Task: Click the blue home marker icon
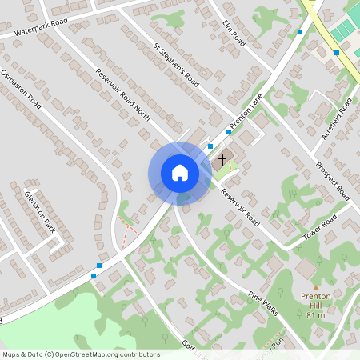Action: pos(179,173)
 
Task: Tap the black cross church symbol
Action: pos(222,160)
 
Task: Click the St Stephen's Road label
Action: pos(176,60)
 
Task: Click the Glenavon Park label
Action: pos(38,210)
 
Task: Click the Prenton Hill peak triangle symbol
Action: pos(315,288)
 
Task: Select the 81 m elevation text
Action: pos(315,315)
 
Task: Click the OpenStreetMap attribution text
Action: pos(80,354)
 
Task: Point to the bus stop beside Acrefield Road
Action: pos(337,53)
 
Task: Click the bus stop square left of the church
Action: pos(210,146)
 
